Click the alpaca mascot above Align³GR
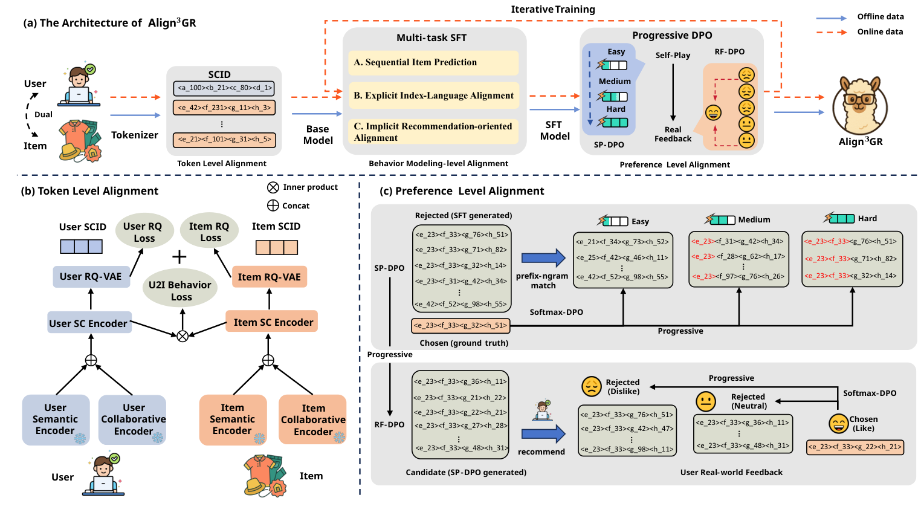coord(859,106)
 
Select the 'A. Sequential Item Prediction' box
coord(433,62)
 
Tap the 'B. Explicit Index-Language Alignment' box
coord(433,96)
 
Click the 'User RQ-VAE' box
coord(91,276)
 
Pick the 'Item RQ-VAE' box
coord(269,277)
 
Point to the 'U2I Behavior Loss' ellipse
coord(181,290)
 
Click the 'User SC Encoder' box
coord(89,323)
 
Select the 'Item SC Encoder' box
coord(273,322)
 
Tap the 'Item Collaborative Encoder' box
coord(313,419)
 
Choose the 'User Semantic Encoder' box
coord(56,419)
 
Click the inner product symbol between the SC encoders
coord(183,335)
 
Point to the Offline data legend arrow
coord(831,18)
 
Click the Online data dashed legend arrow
coord(831,32)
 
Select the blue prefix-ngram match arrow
coord(543,258)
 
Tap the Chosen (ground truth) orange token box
coord(460,325)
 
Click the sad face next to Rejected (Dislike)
coord(591,386)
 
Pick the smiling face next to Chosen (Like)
coord(838,423)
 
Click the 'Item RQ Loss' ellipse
coord(210,232)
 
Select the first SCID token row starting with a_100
coord(224,88)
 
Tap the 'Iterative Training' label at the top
coord(552,9)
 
